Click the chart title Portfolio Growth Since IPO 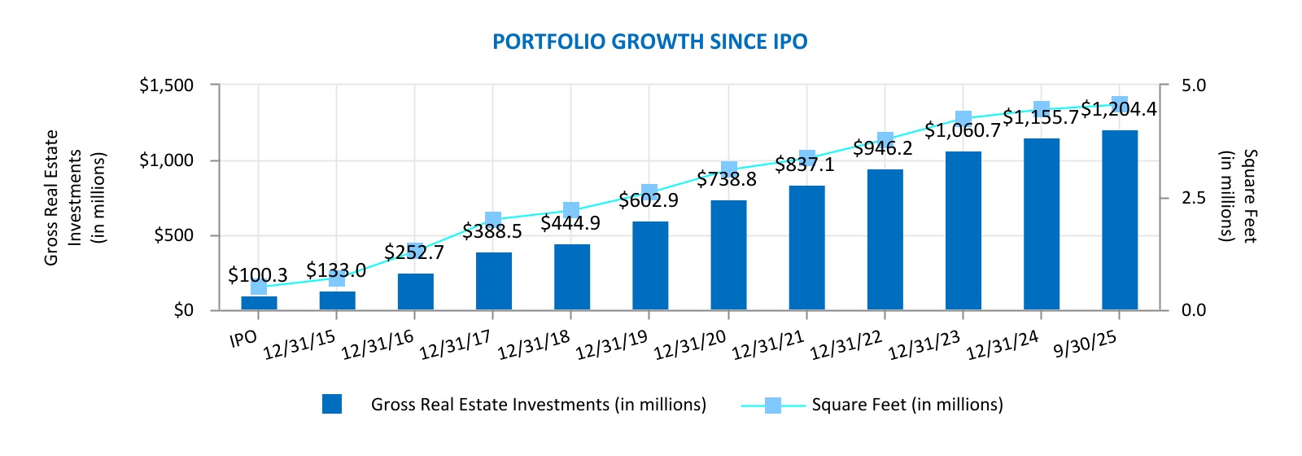(x=649, y=42)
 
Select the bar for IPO (x=259, y=303)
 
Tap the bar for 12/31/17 (x=493, y=282)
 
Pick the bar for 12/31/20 (x=728, y=256)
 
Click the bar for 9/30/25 (x=1120, y=221)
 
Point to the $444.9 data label (x=570, y=223)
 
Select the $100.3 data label (x=257, y=275)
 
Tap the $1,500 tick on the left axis (x=166, y=85)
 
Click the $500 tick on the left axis (x=173, y=235)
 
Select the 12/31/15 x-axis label (x=299, y=345)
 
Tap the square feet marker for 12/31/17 (x=493, y=219)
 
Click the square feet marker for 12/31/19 (x=649, y=192)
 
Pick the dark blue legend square (x=332, y=405)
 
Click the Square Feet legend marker (x=773, y=405)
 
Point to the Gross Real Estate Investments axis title (x=75, y=197)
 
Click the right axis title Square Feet (x=1238, y=196)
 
